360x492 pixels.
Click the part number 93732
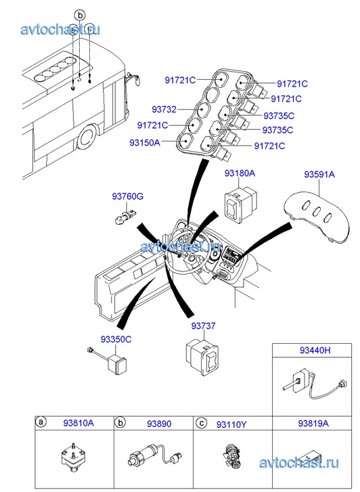pyautogui.click(x=164, y=110)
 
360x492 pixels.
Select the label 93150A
pyautogui.click(x=145, y=143)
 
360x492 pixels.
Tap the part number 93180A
pyautogui.click(x=240, y=173)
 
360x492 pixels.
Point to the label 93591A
pyautogui.click(x=319, y=174)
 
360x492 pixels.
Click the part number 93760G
pyautogui.click(x=128, y=197)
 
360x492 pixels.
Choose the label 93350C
pyautogui.click(x=116, y=340)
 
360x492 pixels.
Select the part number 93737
pyautogui.click(x=204, y=326)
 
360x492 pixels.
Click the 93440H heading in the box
pyautogui.click(x=315, y=350)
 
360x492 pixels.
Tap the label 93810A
pyautogui.click(x=78, y=423)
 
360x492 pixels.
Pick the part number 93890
pyautogui.click(x=159, y=424)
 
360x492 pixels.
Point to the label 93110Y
pyautogui.click(x=231, y=425)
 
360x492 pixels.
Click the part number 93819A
pyautogui.click(x=313, y=423)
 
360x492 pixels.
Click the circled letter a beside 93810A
pyautogui.click(x=41, y=422)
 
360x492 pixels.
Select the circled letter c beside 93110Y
pyautogui.click(x=201, y=423)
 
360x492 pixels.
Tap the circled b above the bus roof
pyautogui.click(x=80, y=15)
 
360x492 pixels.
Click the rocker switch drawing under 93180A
pyautogui.click(x=240, y=205)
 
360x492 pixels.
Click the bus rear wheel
pyautogui.click(x=87, y=138)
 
